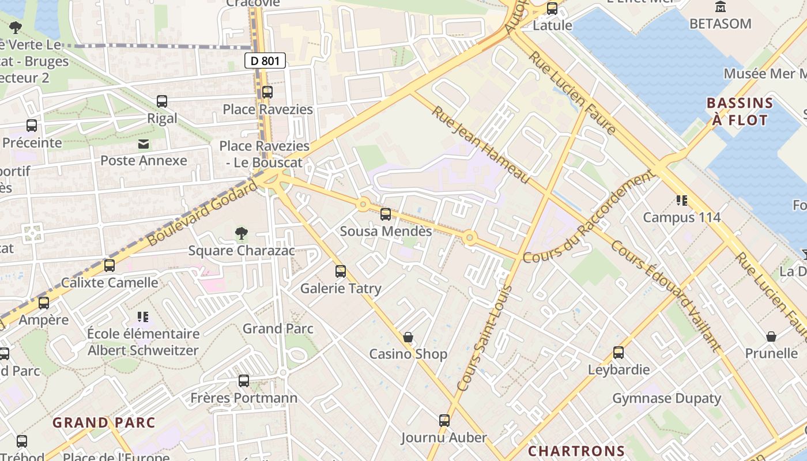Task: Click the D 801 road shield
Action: pyautogui.click(x=265, y=61)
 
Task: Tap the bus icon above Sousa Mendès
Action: pyautogui.click(x=386, y=214)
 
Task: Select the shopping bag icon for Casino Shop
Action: pyautogui.click(x=408, y=337)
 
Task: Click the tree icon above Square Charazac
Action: pyautogui.click(x=242, y=233)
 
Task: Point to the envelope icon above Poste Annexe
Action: pyautogui.click(x=143, y=143)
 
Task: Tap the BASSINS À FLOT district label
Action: pyautogui.click(x=740, y=112)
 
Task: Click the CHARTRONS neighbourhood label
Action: pyautogui.click(x=576, y=451)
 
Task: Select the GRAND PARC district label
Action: pyautogui.click(x=96, y=423)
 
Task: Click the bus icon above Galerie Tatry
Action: pyautogui.click(x=341, y=271)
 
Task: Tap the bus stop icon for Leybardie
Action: pyautogui.click(x=619, y=353)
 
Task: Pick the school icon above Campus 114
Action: pyautogui.click(x=682, y=201)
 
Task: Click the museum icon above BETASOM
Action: pyautogui.click(x=720, y=7)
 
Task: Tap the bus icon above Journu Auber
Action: pyautogui.click(x=444, y=421)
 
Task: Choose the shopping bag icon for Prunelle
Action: pyautogui.click(x=771, y=337)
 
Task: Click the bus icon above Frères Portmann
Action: pyautogui.click(x=244, y=381)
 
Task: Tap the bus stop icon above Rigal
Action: pyautogui.click(x=162, y=101)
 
